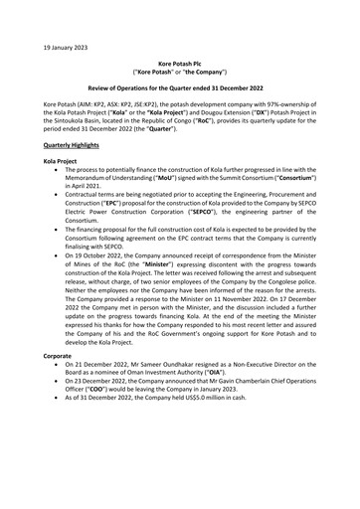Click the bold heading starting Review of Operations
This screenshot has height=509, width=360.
179,88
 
